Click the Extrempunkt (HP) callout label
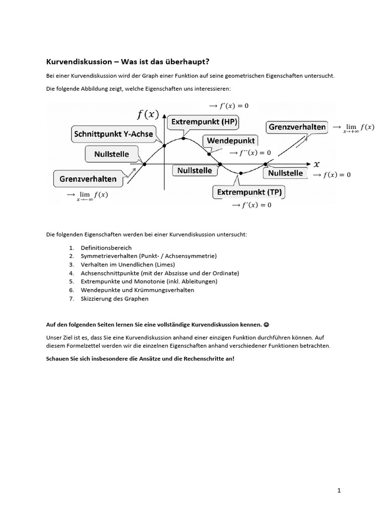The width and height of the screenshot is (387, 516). point(205,122)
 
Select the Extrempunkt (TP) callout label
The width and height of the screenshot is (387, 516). point(250,192)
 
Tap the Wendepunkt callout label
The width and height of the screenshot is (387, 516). point(230,140)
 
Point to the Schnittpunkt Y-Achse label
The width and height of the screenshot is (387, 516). point(113,135)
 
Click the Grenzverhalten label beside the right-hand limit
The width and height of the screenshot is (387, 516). point(297,127)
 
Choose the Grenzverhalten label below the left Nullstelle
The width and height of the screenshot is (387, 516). point(88,178)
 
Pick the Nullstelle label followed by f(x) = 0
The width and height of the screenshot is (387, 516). point(285,173)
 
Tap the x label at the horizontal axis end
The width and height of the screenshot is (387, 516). point(316,164)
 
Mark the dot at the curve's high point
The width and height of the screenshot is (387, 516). point(183,138)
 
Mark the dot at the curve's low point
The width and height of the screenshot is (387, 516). point(241,173)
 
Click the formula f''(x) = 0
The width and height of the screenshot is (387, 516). point(250,152)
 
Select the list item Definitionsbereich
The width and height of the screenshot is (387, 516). point(106,247)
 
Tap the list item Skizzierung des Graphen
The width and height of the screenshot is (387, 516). point(114,298)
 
